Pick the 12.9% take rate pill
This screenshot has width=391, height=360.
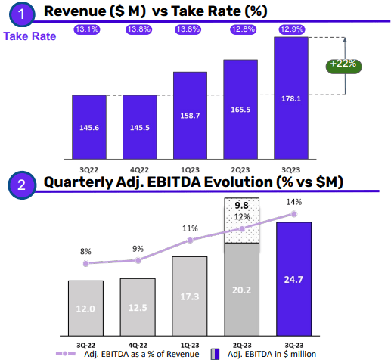[x=290, y=29]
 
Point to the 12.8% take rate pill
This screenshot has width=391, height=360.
[x=240, y=29]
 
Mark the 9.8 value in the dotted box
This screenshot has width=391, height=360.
[x=242, y=205]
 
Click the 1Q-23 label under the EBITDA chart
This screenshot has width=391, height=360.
[x=190, y=343]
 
